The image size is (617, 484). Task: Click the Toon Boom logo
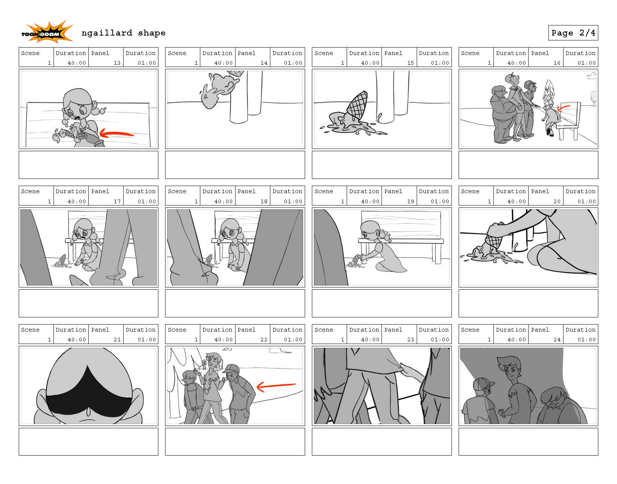47,32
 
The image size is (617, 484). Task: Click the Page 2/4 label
573,33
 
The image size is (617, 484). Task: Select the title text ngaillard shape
123,33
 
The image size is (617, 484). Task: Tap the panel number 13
117,63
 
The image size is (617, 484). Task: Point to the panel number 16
557,63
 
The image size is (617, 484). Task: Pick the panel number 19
410,201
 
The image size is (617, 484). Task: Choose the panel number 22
264,340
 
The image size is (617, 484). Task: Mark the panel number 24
557,340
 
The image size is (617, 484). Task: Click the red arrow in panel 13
116,133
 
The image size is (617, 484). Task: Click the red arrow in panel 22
276,386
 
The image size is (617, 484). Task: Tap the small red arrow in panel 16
563,108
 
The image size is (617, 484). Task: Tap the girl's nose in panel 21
89,412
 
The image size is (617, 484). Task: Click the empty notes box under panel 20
528,303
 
